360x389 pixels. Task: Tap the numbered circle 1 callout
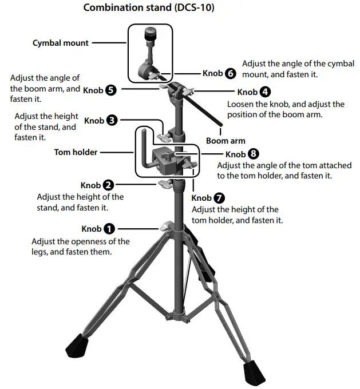[x=109, y=229]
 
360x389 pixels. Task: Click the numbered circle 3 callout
[x=112, y=121]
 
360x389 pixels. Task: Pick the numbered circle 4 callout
[x=265, y=92]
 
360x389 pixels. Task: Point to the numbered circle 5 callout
[x=111, y=90]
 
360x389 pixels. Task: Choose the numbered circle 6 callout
[x=230, y=73]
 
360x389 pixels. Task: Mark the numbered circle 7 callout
[x=219, y=199]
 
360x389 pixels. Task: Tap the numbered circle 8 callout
[x=254, y=154]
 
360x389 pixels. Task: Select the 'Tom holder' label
[x=76, y=152]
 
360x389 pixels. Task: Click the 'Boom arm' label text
[x=226, y=141]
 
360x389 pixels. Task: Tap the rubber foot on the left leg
[x=76, y=346]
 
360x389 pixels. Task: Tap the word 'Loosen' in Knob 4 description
[x=241, y=104]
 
